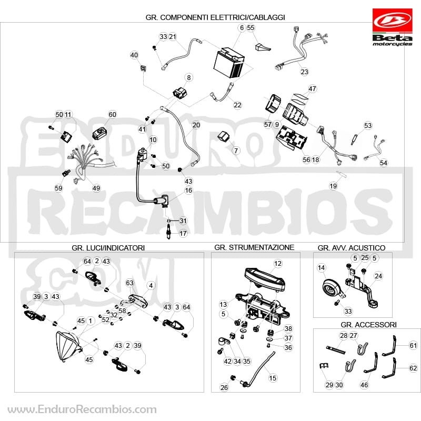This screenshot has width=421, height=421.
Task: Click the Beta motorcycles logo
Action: click(392, 27)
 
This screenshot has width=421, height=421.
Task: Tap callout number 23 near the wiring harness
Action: click(304, 72)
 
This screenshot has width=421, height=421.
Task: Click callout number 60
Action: click(112, 114)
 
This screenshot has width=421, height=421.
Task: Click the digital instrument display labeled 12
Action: click(265, 279)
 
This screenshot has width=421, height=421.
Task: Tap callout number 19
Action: click(333, 186)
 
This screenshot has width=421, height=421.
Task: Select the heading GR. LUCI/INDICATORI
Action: click(108, 247)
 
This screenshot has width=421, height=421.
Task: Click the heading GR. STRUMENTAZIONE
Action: click(254, 247)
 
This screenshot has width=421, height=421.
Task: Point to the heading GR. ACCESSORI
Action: click(368, 325)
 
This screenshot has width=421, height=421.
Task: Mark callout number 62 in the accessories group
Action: click(413, 368)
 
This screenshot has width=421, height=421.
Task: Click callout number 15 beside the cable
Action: click(273, 378)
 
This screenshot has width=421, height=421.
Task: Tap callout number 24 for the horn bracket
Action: click(378, 276)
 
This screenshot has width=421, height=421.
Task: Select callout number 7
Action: click(236, 151)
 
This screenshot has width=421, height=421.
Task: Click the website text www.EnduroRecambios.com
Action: click(82, 409)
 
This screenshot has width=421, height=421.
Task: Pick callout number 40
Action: click(134, 55)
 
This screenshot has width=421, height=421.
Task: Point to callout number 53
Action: click(368, 125)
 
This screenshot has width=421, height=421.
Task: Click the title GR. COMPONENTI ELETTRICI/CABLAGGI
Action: click(215, 17)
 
